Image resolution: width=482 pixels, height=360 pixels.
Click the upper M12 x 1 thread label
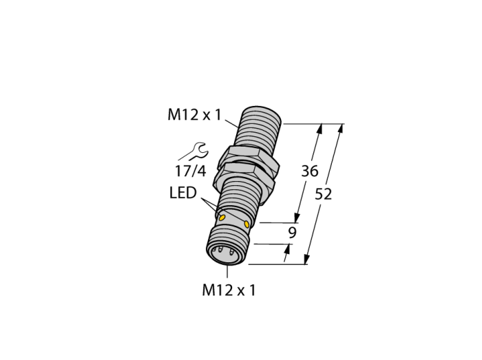pos(194,115)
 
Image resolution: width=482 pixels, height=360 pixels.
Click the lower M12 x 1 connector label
pos(229,290)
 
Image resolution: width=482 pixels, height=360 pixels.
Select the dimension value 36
pos(310,171)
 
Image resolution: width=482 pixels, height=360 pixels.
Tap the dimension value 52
pos(324,194)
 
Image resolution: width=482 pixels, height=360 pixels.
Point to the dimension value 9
pos(292,233)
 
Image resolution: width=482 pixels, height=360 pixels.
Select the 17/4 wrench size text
pos(190,171)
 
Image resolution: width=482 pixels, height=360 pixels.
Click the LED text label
pos(183,193)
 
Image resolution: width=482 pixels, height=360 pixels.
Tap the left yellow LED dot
pos(222,218)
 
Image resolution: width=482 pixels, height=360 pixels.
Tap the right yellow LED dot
pos(247,224)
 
